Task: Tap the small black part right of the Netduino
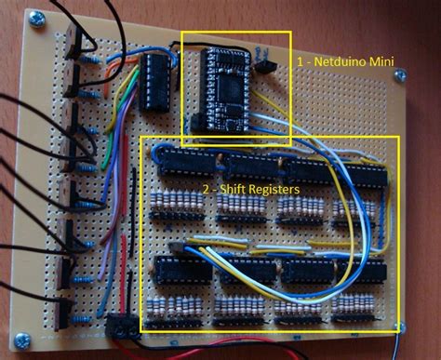pos(269,65)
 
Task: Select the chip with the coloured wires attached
pos(154,81)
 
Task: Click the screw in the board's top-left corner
pos(37,17)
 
